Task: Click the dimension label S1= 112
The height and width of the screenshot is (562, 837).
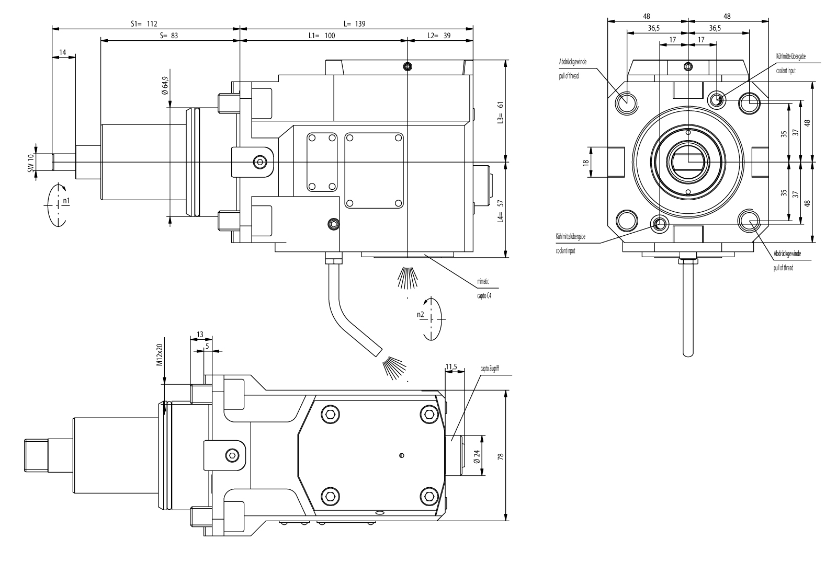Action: point(143,24)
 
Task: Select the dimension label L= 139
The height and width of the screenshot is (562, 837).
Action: point(354,24)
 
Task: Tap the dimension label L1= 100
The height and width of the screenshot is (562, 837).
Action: point(322,36)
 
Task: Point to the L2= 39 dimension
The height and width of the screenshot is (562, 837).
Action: point(438,36)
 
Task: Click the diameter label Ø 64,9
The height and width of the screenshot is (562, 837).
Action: point(165,86)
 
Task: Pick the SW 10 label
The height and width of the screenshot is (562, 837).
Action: point(31,163)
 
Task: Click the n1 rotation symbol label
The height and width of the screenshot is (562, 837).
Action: point(66,200)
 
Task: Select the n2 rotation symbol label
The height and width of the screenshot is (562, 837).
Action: point(420,314)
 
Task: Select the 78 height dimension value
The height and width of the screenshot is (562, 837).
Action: point(501,456)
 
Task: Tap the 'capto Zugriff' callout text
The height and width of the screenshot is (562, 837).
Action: point(493,369)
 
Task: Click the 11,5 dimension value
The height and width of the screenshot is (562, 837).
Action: point(451,367)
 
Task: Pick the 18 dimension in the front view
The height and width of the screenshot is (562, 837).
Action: point(586,162)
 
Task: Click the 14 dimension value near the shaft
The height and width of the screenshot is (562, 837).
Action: point(63,52)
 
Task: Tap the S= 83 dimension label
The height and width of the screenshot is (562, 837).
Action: point(168,36)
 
